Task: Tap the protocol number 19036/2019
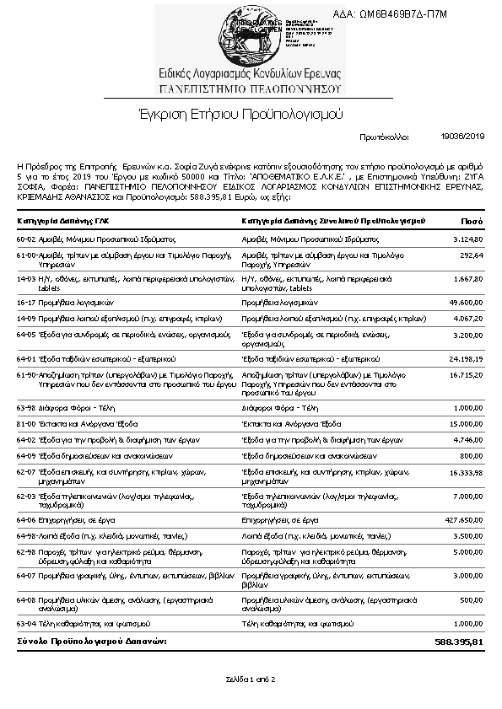463,135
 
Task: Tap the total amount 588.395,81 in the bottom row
459,642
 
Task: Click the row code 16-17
27,301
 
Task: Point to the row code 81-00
27,423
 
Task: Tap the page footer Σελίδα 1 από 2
251,679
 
